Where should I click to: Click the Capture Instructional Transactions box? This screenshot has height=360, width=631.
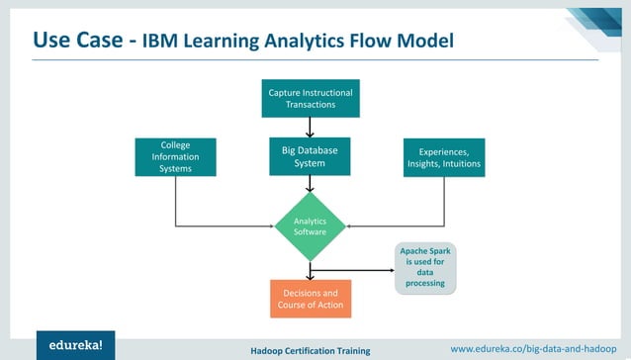pyautogui.click(x=311, y=98)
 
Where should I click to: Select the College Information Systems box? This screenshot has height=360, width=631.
pyautogui.click(x=175, y=156)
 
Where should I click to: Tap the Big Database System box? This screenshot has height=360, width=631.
pyautogui.click(x=311, y=156)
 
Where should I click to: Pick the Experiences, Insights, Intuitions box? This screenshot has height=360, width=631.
pyautogui.click(x=444, y=157)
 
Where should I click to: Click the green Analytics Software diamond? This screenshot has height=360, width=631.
pyautogui.click(x=311, y=225)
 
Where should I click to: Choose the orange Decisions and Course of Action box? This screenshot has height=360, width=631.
pyautogui.click(x=311, y=299)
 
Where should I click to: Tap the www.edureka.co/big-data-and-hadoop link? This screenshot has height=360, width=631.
pyautogui.click(x=534, y=348)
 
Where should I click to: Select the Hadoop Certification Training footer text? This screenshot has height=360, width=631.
pyautogui.click(x=311, y=350)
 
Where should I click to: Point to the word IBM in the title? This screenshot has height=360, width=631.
pyautogui.click(x=163, y=42)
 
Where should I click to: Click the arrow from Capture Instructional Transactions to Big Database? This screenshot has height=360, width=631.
pyautogui.click(x=311, y=127)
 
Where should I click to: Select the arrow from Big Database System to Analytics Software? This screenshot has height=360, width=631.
pyautogui.click(x=311, y=185)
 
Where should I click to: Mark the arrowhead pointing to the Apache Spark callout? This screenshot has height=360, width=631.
pyautogui.click(x=390, y=268)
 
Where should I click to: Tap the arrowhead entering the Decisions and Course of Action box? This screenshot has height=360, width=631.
pyautogui.click(x=311, y=276)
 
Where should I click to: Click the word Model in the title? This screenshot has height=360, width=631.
pyautogui.click(x=425, y=42)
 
